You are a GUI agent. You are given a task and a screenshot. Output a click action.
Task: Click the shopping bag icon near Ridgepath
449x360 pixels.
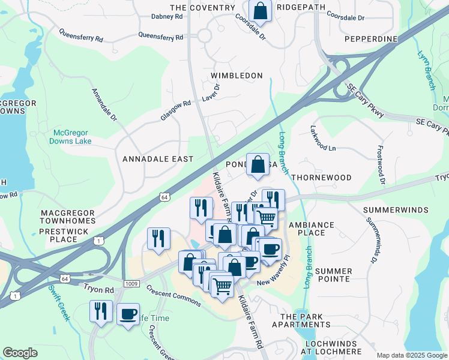(260, 10)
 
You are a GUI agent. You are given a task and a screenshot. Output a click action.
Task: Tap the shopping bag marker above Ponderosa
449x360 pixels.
(258, 165)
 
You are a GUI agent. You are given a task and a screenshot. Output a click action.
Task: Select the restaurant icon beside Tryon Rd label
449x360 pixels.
(100, 311)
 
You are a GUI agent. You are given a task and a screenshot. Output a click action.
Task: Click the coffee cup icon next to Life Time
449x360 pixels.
(128, 314)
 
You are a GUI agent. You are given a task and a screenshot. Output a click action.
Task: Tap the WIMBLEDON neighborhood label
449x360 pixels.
(237, 76)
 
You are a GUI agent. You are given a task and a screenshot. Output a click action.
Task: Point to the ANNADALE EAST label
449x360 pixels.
(158, 159)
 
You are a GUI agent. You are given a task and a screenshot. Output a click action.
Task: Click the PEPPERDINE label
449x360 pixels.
(371, 39)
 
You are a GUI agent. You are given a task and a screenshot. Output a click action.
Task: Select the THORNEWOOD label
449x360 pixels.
(321, 178)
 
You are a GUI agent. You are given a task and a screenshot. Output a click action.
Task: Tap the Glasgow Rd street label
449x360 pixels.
(175, 110)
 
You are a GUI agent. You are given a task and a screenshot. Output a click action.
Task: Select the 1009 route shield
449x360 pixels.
(132, 283)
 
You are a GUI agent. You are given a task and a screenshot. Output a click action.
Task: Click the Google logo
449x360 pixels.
(20, 353)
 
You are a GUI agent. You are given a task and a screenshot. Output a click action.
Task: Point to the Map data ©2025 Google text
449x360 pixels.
(411, 355)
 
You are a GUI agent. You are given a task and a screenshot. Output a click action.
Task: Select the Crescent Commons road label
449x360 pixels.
(174, 295)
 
